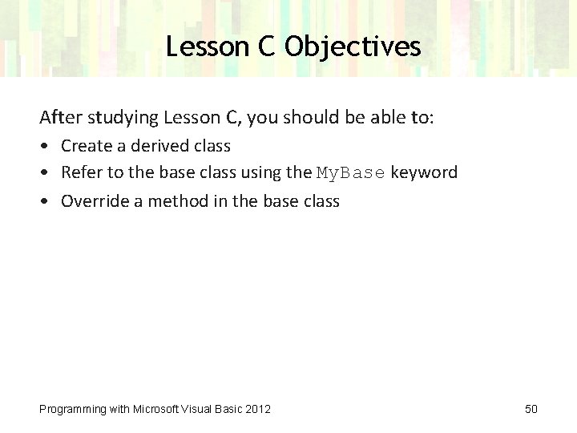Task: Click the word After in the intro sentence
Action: (59, 118)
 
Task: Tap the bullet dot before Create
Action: (44, 147)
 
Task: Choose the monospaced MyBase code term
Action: (351, 172)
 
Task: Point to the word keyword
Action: (424, 172)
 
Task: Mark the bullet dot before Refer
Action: (44, 173)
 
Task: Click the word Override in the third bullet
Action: (93, 200)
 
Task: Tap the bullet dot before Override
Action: (44, 201)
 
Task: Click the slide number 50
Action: (531, 409)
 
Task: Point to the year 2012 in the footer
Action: (257, 409)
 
